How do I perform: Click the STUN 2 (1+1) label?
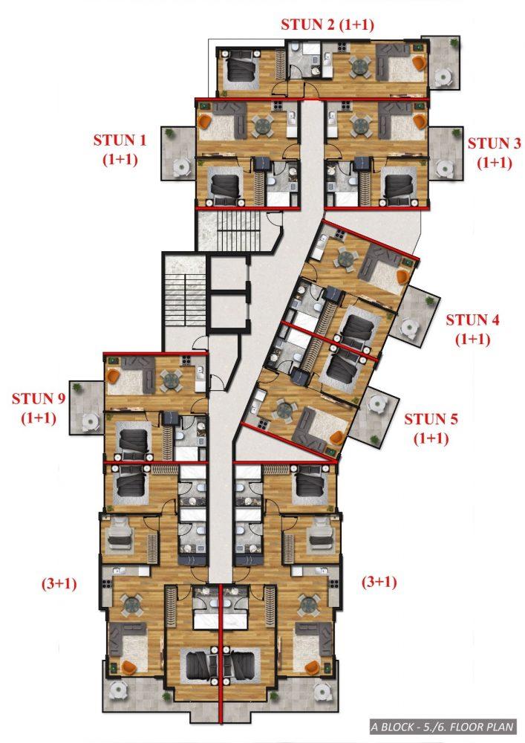point(327,25)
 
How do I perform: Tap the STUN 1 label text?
point(120,149)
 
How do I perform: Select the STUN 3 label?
point(495,152)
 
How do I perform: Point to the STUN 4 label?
point(472,329)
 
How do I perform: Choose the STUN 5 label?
point(431,429)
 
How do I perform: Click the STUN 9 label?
point(39,408)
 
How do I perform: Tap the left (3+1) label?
point(59,583)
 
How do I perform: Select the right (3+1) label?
point(379,582)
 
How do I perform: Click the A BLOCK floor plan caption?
point(442,727)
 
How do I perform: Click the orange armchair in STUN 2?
point(419,62)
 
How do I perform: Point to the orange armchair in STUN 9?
point(113,377)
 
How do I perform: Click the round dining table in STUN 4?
point(345,259)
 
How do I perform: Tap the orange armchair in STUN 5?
point(337,438)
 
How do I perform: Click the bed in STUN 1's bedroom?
point(225,186)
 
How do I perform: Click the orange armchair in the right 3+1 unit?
point(311,668)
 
